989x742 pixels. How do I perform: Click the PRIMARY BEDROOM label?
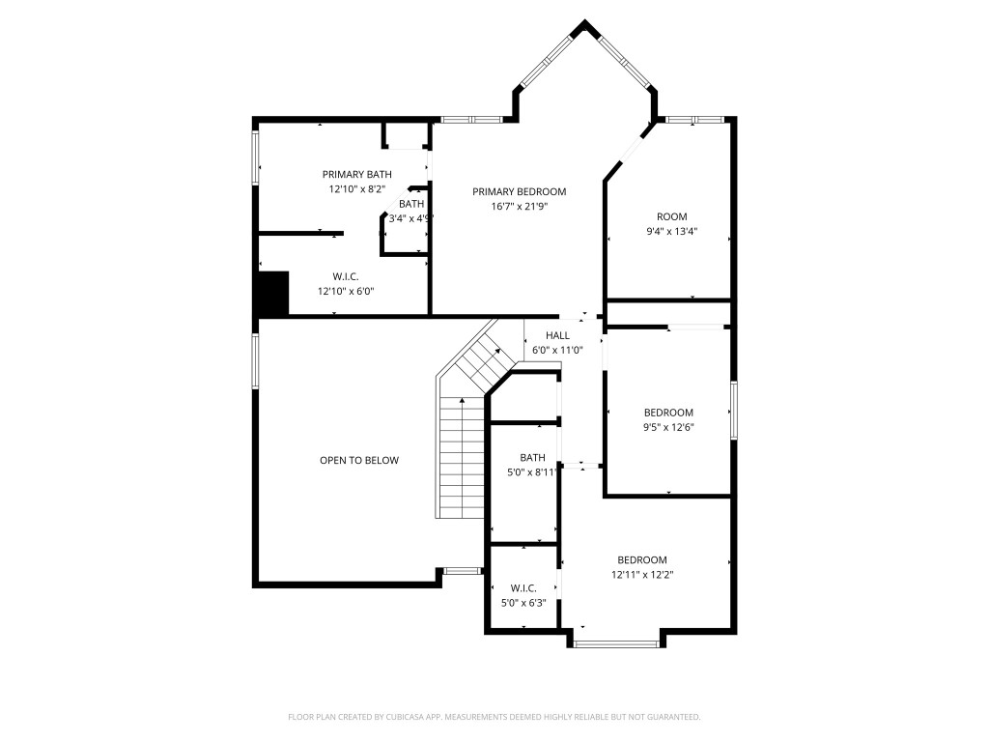pos(519,191)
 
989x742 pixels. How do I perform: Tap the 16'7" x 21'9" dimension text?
pos(519,206)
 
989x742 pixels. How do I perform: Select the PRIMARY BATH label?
pos(356,174)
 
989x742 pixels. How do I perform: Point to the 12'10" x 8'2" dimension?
pos(356,189)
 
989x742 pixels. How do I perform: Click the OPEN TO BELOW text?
pos(358,461)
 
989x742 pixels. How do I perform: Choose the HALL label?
pos(557,335)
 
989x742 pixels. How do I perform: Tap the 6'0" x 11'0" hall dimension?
pos(557,350)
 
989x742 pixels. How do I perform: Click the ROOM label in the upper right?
pos(672,216)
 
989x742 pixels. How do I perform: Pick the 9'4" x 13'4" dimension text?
pos(672,232)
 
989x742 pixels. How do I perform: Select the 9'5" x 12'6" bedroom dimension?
pos(669,427)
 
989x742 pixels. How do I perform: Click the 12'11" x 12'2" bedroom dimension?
pos(642,575)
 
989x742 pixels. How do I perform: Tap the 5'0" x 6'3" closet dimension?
pos(523,603)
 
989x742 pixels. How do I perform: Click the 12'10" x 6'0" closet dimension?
pos(345,291)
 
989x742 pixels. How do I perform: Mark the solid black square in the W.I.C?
pos(273,293)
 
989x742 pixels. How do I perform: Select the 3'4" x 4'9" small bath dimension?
pos(410,218)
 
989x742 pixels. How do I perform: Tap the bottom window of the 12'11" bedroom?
pos(615,642)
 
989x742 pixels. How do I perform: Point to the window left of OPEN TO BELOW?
pos(256,361)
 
